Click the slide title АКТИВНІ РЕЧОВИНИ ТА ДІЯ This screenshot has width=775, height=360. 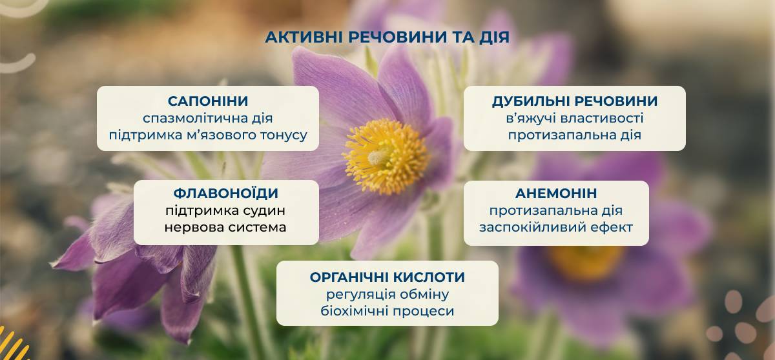(387, 37)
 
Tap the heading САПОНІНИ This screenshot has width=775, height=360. (208, 101)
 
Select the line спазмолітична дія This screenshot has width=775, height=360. (207, 118)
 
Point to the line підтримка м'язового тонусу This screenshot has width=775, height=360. (208, 135)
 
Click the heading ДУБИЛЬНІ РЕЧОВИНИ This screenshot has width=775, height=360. (575, 101)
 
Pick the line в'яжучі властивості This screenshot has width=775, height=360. (575, 118)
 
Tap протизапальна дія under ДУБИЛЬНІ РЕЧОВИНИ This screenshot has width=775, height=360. (575, 135)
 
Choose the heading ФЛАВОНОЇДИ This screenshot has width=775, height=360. (226, 193)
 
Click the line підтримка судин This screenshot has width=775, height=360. (225, 210)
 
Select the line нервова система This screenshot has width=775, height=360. (225, 227)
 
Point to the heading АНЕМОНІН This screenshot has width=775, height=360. (556, 193)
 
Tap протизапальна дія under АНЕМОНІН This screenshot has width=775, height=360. (556, 210)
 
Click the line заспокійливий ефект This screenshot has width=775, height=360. (556, 227)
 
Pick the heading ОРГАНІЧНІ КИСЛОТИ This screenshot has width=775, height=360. (387, 277)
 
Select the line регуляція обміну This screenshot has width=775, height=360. (387, 294)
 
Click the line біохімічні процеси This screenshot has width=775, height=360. (387, 311)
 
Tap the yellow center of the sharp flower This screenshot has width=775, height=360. (386, 156)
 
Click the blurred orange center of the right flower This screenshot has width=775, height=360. (586, 263)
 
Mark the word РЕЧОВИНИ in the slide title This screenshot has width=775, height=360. (398, 37)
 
